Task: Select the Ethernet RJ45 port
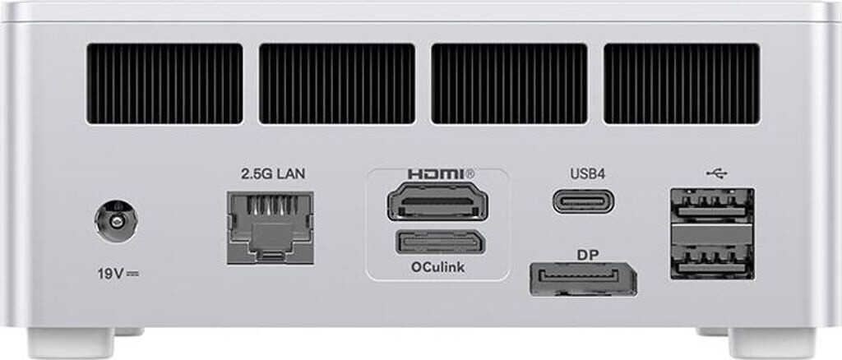coord(268,226)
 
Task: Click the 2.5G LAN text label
coord(267,175)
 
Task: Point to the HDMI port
coord(436,201)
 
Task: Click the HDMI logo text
coord(441,174)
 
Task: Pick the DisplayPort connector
coord(584,279)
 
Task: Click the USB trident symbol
coord(716,173)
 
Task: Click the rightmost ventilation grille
coord(681,84)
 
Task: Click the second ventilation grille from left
coord(336,84)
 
